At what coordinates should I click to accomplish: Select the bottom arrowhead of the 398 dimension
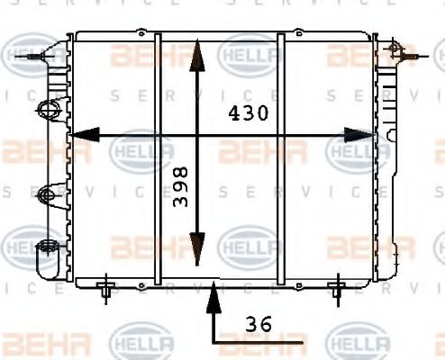point(199,253)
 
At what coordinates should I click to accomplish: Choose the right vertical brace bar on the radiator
point(281,157)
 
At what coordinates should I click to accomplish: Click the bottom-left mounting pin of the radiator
point(106,289)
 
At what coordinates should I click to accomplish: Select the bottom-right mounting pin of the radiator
point(337,289)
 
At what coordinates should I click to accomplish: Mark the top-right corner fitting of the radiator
point(393,47)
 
